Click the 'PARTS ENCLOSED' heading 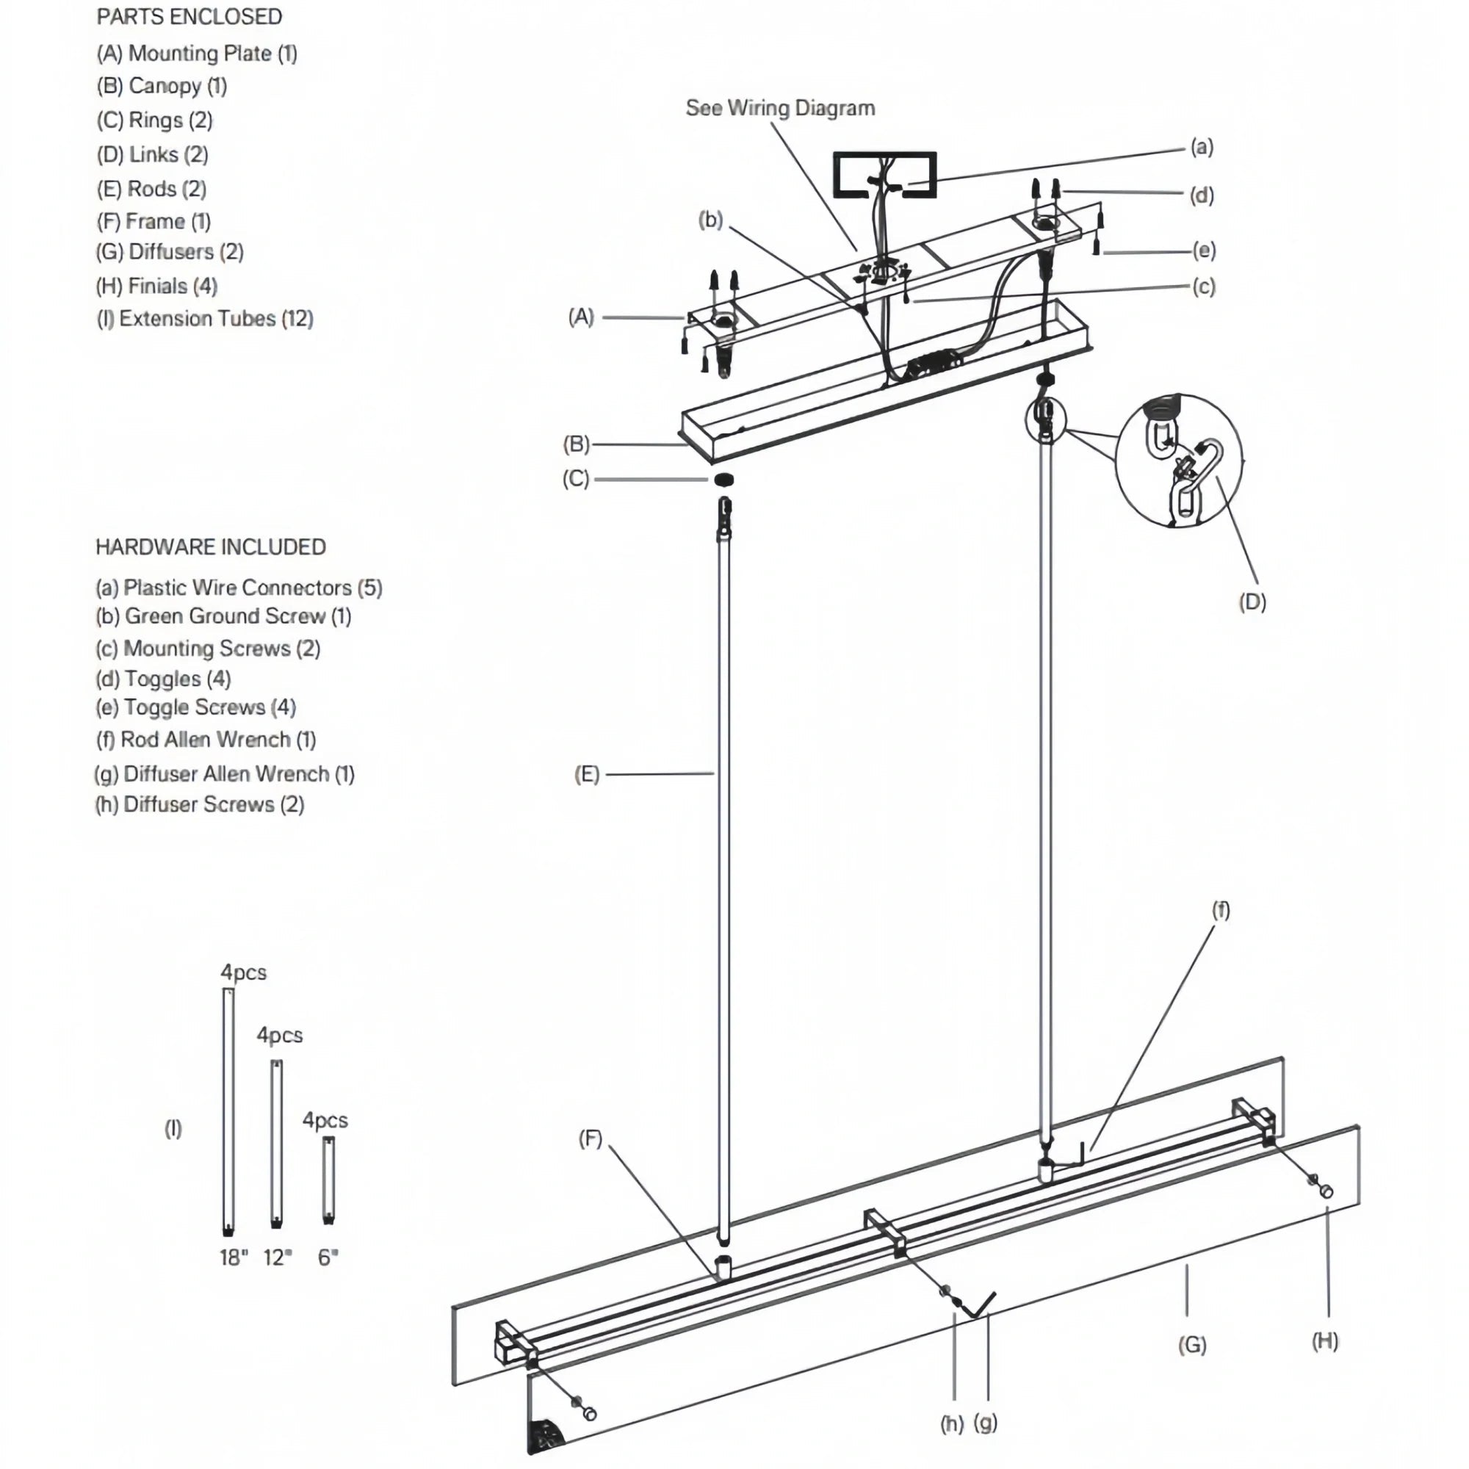tap(189, 17)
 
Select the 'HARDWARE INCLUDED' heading tap(211, 546)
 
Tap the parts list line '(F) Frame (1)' tap(154, 221)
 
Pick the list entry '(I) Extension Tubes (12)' tap(204, 318)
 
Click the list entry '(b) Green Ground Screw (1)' tap(223, 616)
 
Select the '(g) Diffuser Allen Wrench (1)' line tap(224, 773)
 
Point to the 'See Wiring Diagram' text tap(780, 108)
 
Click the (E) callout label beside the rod tap(586, 774)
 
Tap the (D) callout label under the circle tap(1252, 602)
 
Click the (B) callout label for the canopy tap(576, 444)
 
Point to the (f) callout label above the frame tap(1219, 909)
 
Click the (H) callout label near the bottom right tap(1324, 1340)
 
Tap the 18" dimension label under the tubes tap(234, 1257)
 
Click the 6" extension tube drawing tap(328, 1180)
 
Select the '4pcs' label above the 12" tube tap(279, 1035)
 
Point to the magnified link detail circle tap(1179, 461)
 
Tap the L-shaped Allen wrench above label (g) tap(981, 1306)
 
